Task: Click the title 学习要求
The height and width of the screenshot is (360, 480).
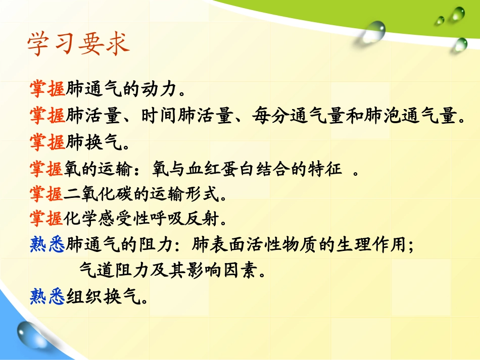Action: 78,44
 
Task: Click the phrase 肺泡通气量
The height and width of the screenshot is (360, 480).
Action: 408,117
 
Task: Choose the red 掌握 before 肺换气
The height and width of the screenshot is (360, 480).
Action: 47,143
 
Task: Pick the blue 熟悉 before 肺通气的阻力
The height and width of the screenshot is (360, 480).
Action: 47,245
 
